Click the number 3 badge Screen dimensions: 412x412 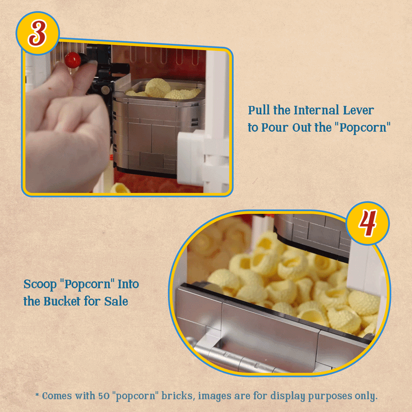coord(38,33)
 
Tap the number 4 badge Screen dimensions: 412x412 coord(368,224)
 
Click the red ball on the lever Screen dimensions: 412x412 coord(73,60)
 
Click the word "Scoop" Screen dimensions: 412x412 coord(40,285)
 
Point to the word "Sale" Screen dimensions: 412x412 coord(116,301)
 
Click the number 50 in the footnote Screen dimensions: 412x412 coord(104,396)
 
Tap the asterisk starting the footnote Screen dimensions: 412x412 coord(37,394)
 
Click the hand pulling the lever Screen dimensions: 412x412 coord(67,126)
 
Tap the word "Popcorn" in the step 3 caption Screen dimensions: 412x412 coord(363,128)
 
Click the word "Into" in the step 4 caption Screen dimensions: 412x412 coord(128,284)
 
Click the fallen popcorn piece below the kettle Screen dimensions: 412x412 coord(120,188)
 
